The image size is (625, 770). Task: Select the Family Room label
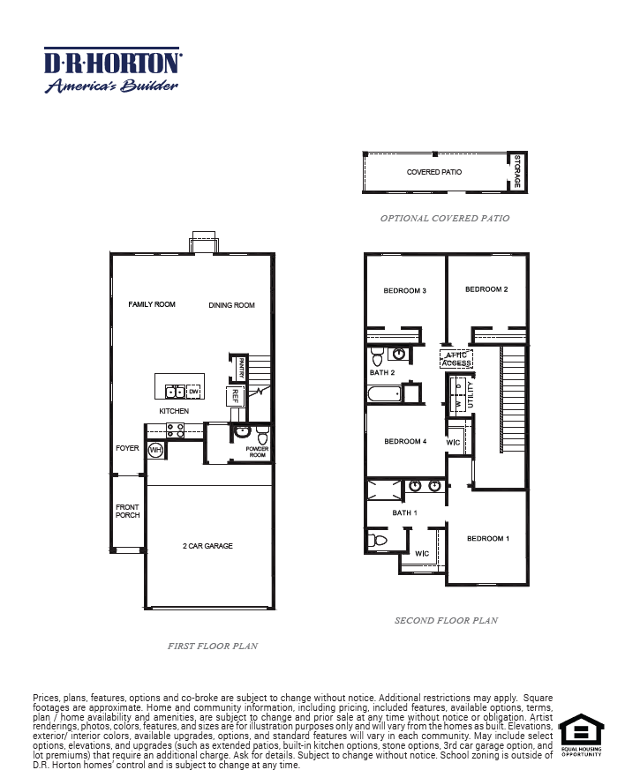click(x=152, y=304)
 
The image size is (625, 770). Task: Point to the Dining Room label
click(x=231, y=305)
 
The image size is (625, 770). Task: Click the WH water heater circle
click(x=155, y=451)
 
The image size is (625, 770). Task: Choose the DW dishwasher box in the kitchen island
click(x=192, y=391)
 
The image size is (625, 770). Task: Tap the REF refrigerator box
click(x=235, y=396)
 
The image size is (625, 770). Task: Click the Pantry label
click(x=239, y=365)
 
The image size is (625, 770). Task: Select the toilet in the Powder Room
click(x=262, y=437)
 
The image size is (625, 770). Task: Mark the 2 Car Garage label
click(x=208, y=546)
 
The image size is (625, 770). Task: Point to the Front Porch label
click(x=127, y=511)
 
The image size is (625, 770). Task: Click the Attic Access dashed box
click(x=456, y=359)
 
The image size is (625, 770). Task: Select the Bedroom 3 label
click(x=405, y=290)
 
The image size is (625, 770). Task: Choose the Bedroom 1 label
click(x=487, y=538)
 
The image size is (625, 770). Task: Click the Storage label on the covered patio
click(x=517, y=173)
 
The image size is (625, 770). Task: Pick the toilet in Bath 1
click(x=377, y=539)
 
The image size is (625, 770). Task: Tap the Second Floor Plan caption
click(x=446, y=620)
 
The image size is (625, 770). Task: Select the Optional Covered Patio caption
click(x=444, y=218)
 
